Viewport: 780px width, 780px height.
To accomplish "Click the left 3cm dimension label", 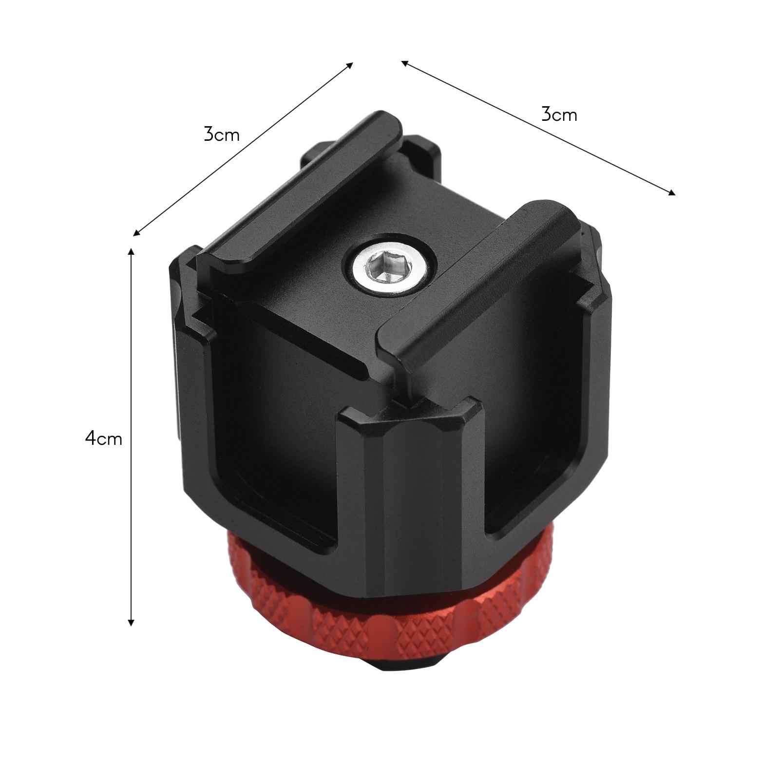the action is point(222,134).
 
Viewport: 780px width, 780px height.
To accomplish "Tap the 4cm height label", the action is point(103,438).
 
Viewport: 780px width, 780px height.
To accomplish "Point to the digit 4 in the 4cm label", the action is point(91,438).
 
